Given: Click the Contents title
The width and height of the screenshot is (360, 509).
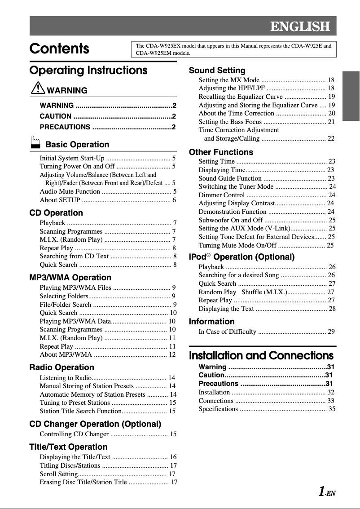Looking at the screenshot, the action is (59, 49).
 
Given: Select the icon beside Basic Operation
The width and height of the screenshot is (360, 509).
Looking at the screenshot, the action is (35, 144).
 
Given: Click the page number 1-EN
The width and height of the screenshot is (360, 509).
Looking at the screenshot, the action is (327, 493).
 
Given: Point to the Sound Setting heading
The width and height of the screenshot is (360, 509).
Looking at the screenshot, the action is (217, 71).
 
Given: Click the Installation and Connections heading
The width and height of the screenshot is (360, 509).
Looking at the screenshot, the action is (261, 356).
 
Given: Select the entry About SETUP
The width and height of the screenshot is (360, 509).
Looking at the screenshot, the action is (60, 200).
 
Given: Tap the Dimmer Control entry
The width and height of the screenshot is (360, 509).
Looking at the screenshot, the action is (222, 195).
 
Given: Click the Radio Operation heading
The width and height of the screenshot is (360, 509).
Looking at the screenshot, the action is (62, 367).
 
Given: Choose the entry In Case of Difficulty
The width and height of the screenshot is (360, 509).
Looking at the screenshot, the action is (228, 332).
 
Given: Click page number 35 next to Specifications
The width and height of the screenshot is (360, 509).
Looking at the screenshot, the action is (332, 409).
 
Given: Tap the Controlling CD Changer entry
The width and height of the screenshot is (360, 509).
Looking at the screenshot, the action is (74, 434).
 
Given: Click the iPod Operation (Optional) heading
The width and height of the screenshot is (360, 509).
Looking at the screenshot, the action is (241, 257).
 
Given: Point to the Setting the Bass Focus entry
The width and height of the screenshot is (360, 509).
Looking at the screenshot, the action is (230, 122).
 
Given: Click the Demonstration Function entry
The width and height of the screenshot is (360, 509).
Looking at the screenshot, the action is (233, 212).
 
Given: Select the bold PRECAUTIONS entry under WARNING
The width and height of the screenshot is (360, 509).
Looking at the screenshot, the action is (65, 127).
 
